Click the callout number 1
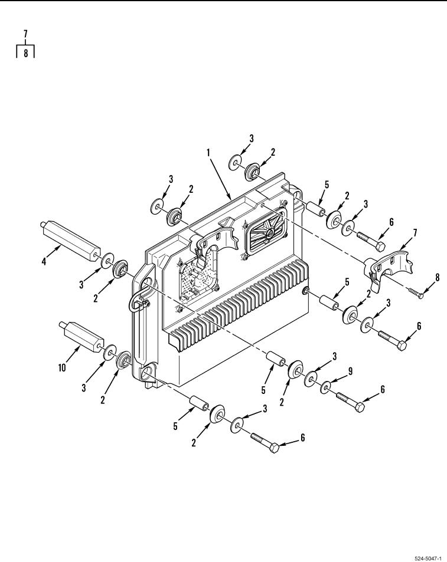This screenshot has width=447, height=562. point(208,153)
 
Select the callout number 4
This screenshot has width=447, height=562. point(44,261)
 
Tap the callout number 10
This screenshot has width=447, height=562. point(62,367)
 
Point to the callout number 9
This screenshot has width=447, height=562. point(350,371)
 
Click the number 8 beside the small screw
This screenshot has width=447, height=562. point(437,277)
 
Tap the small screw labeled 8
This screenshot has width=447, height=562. point(416,292)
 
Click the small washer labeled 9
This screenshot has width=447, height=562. point(326,387)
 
